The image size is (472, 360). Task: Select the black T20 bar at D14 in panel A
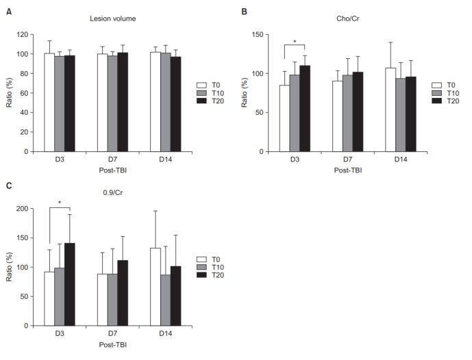(176, 112)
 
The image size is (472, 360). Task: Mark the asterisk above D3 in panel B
(295, 42)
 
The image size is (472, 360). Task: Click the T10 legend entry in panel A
(208, 92)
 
